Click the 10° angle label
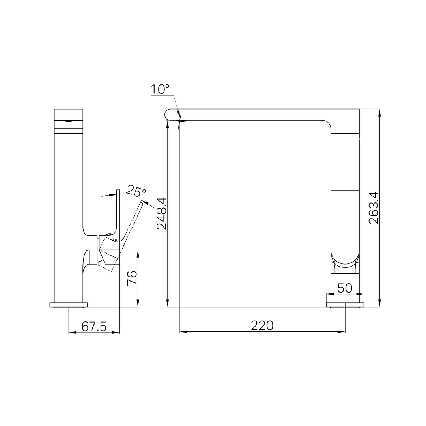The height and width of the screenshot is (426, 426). (160, 89)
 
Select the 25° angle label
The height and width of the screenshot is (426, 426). (136, 191)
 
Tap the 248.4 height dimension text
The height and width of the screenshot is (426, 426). (162, 213)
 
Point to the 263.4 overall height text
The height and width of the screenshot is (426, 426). (374, 208)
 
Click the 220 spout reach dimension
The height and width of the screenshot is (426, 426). (262, 325)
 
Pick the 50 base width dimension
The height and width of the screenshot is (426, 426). (345, 288)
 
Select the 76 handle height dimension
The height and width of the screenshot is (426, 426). (132, 278)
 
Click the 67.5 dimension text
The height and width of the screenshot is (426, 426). (94, 327)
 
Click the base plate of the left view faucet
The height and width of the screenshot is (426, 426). (69, 305)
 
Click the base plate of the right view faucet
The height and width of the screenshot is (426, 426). (345, 305)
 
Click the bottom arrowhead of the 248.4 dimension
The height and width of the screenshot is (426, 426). (168, 303)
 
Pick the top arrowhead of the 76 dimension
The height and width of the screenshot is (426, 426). (138, 253)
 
